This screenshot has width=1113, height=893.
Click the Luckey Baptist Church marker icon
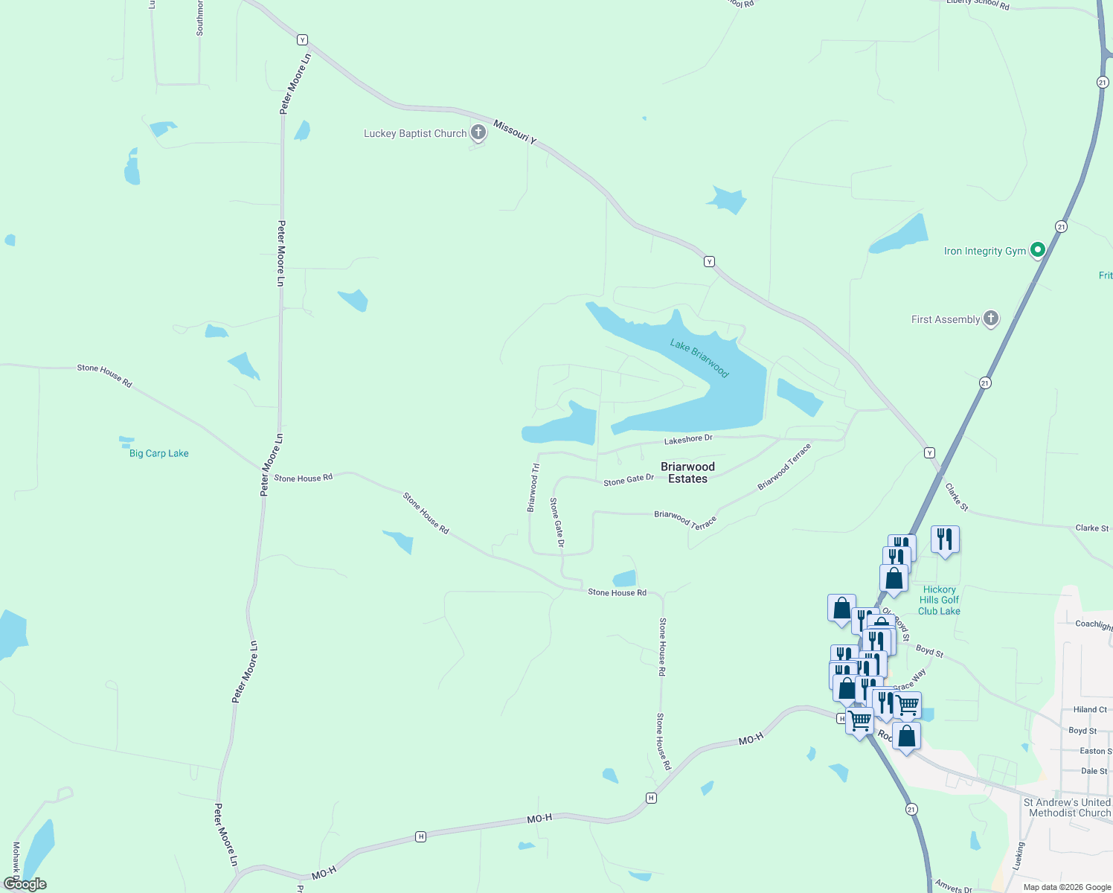coord(478,133)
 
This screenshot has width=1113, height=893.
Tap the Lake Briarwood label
coord(699,358)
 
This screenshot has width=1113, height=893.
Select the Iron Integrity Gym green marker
coord(1038,250)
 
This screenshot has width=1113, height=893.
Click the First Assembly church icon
coord(990,319)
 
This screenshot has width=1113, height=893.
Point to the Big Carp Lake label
coord(158,453)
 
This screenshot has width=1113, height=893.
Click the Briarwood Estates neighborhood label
coord(687,473)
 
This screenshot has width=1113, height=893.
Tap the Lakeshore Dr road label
coord(688,440)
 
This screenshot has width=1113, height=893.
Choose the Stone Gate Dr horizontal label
coord(629,480)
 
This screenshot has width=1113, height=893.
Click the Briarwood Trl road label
coord(533,488)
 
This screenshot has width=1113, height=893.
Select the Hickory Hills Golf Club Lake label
coord(939,601)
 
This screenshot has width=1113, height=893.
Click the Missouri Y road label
coord(514,132)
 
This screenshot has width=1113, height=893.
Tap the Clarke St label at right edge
coord(1091,528)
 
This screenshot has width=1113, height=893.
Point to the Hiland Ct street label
coord(1090,710)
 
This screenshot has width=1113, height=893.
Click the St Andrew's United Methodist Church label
coord(1068,807)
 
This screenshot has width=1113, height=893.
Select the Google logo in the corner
coord(25,884)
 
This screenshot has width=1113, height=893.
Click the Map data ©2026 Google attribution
coord(1067,887)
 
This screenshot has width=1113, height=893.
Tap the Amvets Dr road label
coord(954,886)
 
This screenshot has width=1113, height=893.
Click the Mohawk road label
coord(16,860)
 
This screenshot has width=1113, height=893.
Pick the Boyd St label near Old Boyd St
coord(929,651)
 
